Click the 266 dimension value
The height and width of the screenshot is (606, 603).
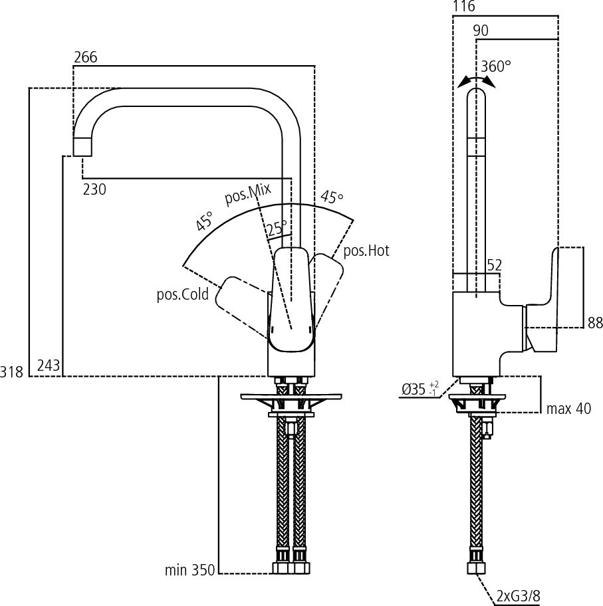85,57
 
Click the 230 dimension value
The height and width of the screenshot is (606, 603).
94,189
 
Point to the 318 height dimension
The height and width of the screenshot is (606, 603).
12,372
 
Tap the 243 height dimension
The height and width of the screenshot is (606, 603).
49,365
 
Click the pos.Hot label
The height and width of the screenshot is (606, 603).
366,251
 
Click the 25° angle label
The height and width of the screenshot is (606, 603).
277,228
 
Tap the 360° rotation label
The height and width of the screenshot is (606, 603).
496,66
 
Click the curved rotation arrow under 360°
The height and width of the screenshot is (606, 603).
476,80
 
